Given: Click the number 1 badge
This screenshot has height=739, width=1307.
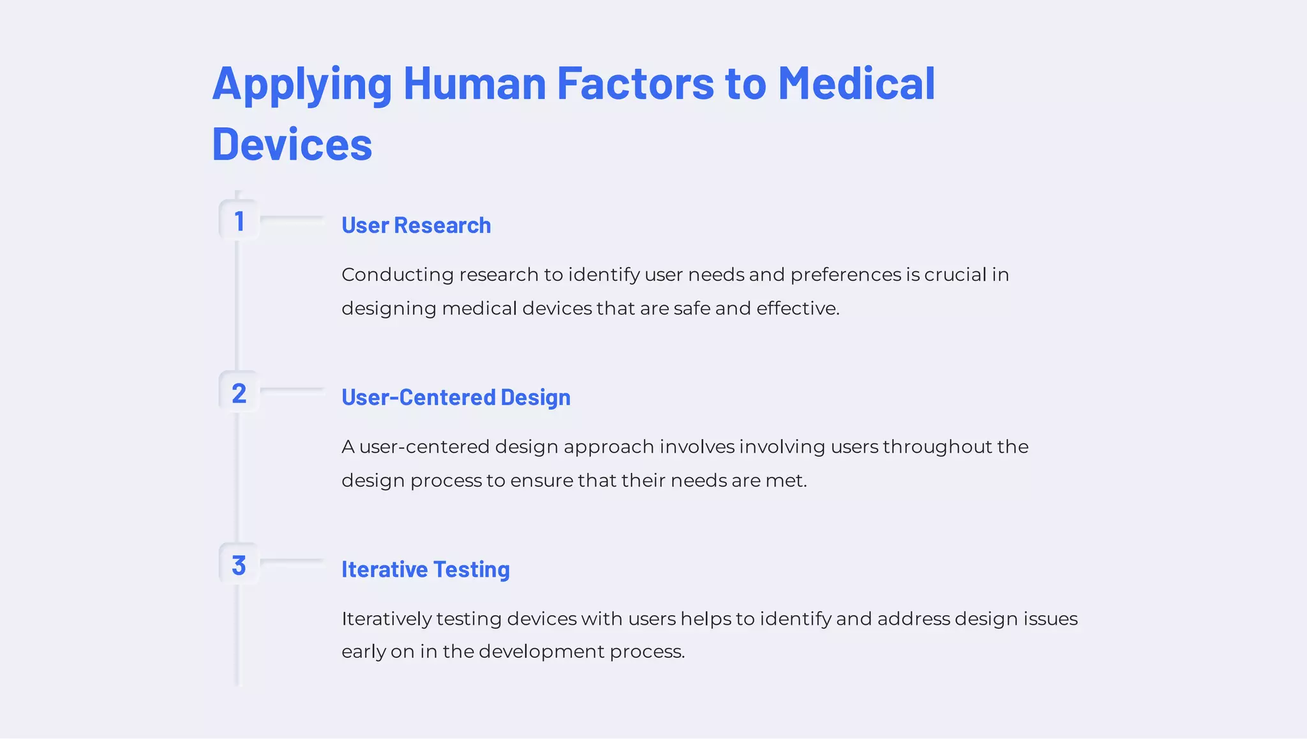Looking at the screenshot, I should click(239, 221).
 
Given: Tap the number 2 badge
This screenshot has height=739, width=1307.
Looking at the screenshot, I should click(239, 393).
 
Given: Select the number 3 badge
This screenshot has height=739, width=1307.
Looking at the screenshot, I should click(239, 565).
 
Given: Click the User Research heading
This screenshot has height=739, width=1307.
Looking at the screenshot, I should click(416, 225).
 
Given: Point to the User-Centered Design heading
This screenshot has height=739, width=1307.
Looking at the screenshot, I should click(456, 397).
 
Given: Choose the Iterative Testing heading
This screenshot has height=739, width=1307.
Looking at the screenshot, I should click(425, 569).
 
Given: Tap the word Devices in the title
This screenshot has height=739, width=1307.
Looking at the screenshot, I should click(292, 144).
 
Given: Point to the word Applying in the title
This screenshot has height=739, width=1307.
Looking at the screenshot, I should click(302, 84).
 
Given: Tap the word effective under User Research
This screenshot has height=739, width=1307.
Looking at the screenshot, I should click(798, 309).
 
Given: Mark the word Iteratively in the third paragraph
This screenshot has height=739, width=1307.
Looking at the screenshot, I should click(386, 619).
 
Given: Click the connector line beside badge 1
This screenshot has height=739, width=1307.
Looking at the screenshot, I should click(292, 218).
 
